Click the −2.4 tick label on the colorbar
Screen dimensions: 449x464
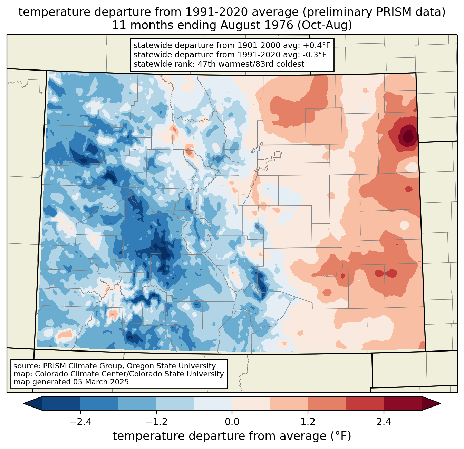(x=80, y=422)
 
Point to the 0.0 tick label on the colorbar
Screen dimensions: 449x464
(x=232, y=422)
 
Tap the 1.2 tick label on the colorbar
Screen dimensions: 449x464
(x=308, y=422)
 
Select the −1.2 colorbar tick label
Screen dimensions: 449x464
(x=156, y=422)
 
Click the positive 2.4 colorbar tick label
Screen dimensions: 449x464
(x=384, y=422)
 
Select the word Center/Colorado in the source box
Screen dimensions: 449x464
(x=141, y=374)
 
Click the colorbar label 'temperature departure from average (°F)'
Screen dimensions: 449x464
(x=232, y=436)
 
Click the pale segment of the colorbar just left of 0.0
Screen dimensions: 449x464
(x=213, y=403)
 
